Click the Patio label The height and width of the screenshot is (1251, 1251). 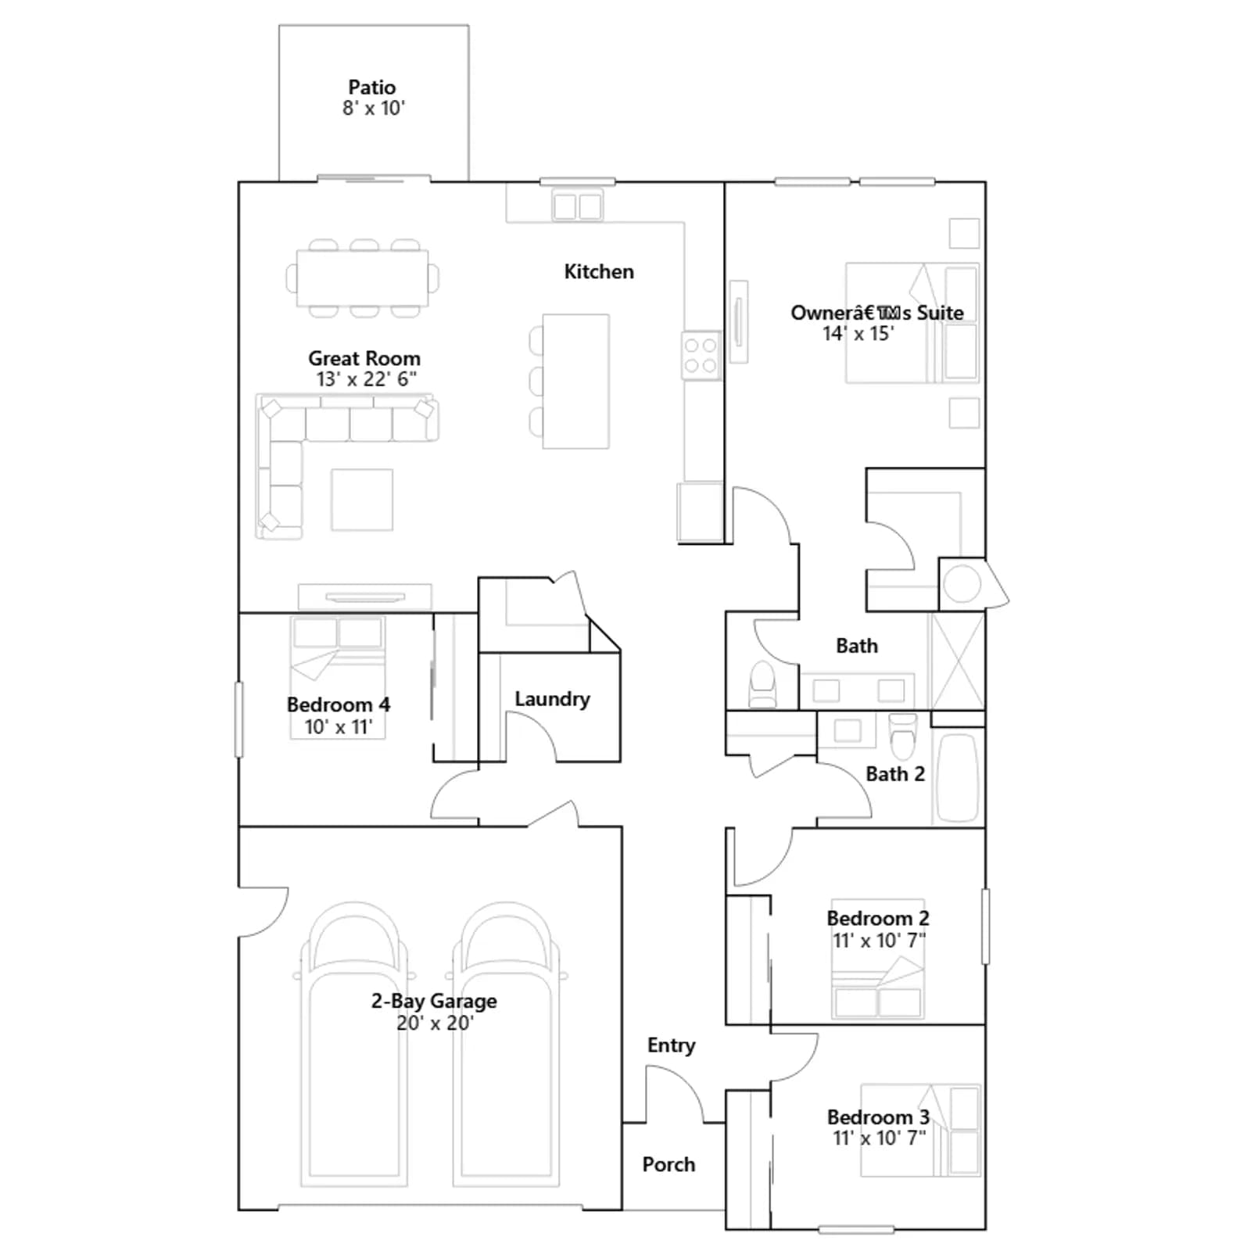point(372,87)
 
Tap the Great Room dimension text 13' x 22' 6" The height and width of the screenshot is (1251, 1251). point(366,379)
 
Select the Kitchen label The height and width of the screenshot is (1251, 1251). point(599,271)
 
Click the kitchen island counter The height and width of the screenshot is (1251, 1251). point(576,381)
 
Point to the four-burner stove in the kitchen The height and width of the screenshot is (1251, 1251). point(701,356)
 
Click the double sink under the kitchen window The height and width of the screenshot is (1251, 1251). point(578,206)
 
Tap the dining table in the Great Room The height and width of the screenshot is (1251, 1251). point(363,278)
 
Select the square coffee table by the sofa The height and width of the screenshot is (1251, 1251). point(362,500)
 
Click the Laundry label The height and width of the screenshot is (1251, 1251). point(552,699)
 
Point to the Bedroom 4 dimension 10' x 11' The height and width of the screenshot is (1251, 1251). point(339,726)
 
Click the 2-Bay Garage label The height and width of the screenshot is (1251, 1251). point(434,1001)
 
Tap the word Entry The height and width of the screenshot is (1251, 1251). point(671,1045)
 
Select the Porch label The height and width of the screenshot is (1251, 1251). point(669,1164)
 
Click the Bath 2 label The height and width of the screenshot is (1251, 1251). point(895,774)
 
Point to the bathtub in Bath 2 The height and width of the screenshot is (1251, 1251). point(958,777)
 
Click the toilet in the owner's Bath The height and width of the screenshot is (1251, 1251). point(762,685)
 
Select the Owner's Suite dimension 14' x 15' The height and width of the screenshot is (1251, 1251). point(858,334)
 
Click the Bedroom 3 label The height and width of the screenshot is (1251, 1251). point(878,1117)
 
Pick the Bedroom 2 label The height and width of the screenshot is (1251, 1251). point(878,918)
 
